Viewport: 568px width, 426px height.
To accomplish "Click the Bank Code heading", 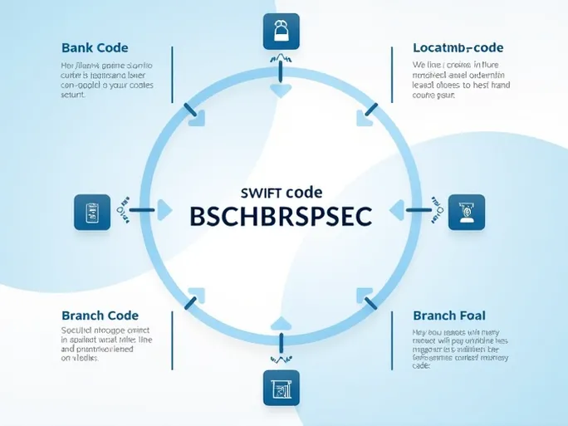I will point(95,48).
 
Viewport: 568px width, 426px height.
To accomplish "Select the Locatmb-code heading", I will point(458,48).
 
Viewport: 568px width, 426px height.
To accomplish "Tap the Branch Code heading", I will point(100,316).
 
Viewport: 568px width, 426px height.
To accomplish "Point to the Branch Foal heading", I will point(449,316).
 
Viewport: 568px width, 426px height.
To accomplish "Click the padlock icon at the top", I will point(280,32).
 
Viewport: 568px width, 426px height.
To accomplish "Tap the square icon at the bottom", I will point(280,388).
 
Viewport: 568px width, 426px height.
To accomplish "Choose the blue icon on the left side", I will point(92,212).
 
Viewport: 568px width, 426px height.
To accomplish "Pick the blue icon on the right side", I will point(467,212).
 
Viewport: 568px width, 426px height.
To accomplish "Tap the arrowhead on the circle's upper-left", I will point(196,119).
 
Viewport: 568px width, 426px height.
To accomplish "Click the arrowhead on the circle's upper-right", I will point(365,117).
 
